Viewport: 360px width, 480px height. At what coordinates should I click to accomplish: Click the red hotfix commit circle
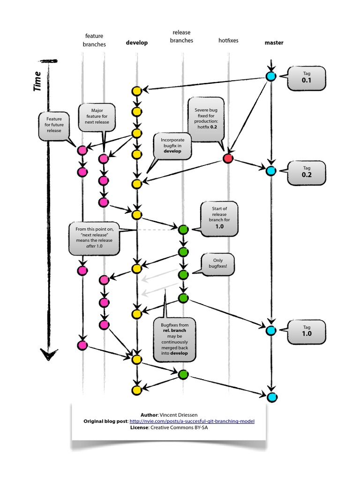(228, 158)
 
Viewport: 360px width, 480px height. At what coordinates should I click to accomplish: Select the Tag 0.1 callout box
(307, 78)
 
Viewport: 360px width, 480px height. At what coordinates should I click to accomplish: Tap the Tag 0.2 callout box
(307, 172)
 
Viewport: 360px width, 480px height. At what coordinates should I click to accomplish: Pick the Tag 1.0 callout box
(307, 332)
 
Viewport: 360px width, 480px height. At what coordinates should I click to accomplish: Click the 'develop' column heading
(137, 43)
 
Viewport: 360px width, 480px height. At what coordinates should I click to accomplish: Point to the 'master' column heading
(274, 43)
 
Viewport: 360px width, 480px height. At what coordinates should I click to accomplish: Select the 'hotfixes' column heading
(228, 40)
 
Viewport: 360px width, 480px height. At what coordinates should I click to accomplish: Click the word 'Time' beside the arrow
(37, 81)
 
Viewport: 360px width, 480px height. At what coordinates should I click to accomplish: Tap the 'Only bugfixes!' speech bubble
(217, 264)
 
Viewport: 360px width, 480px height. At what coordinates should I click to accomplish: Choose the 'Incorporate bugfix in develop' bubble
(172, 146)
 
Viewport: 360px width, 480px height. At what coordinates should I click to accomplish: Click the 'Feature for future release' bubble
(54, 126)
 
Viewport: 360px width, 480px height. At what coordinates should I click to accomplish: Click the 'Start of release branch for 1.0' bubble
(219, 218)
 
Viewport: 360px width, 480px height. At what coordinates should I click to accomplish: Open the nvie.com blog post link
(192, 421)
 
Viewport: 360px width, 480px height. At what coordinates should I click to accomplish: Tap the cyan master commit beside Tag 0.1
(270, 76)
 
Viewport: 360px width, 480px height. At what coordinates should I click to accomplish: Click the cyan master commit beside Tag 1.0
(271, 330)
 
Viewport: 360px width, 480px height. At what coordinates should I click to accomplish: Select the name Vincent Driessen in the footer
(179, 415)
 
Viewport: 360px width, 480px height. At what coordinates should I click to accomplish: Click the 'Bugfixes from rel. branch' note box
(174, 339)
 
